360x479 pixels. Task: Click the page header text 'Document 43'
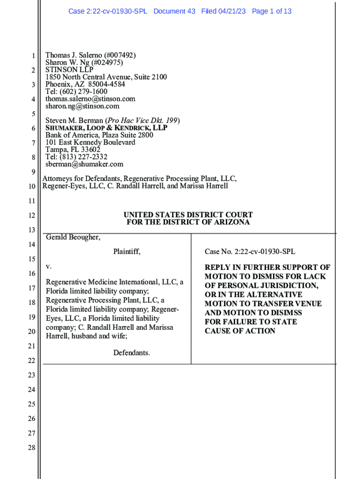click(x=174, y=11)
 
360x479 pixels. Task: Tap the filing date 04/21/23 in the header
click(x=233, y=11)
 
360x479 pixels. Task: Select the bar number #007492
click(x=121, y=55)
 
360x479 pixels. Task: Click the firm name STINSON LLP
click(x=69, y=70)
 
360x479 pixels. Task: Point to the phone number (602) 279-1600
click(x=82, y=92)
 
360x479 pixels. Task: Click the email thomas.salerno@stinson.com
click(x=90, y=99)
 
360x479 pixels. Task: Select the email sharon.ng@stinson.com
click(x=82, y=106)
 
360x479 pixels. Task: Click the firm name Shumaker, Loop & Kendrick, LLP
click(x=106, y=128)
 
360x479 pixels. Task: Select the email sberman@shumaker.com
click(x=84, y=164)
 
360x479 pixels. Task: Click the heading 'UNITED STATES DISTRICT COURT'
click(x=188, y=215)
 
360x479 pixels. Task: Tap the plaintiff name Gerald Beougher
click(x=73, y=237)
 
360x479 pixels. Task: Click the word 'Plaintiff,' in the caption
click(x=127, y=252)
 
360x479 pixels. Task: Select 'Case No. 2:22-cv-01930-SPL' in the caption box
click(x=250, y=252)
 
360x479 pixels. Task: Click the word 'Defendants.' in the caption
click(x=131, y=353)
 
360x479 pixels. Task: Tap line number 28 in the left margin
click(x=32, y=448)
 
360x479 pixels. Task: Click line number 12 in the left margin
click(x=32, y=215)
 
